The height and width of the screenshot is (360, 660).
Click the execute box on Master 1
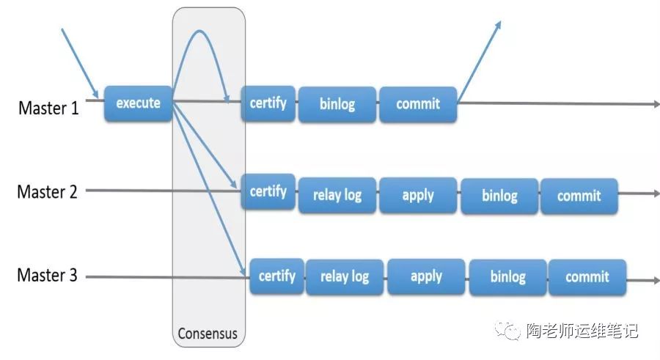click(138, 103)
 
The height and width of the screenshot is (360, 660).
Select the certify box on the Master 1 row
click(268, 103)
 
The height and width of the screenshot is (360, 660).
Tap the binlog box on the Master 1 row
click(337, 104)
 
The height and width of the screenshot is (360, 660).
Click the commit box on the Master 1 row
click(418, 104)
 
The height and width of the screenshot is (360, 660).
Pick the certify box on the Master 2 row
click(268, 191)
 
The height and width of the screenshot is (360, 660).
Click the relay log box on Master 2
click(337, 195)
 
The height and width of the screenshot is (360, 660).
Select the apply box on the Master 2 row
click(418, 195)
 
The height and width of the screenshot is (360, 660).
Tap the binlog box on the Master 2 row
click(499, 196)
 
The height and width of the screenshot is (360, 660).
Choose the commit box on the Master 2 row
click(579, 196)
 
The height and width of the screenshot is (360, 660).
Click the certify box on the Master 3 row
click(277, 276)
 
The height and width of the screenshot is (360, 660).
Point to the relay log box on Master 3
click(345, 276)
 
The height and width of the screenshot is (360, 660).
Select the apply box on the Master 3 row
click(426, 276)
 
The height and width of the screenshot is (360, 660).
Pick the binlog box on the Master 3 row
click(507, 276)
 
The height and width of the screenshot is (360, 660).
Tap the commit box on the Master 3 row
click(587, 276)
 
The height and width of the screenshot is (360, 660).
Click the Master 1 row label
click(48, 109)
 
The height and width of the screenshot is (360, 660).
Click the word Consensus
click(208, 334)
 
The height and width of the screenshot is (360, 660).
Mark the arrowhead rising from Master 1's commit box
click(499, 24)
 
